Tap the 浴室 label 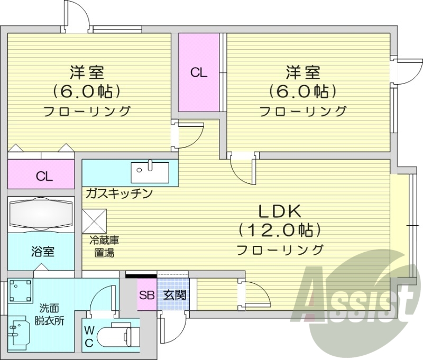coord(41,251)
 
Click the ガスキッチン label coord(118,193)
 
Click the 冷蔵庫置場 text coord(101,246)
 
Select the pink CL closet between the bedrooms coord(199,73)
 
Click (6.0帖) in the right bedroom coord(303,91)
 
